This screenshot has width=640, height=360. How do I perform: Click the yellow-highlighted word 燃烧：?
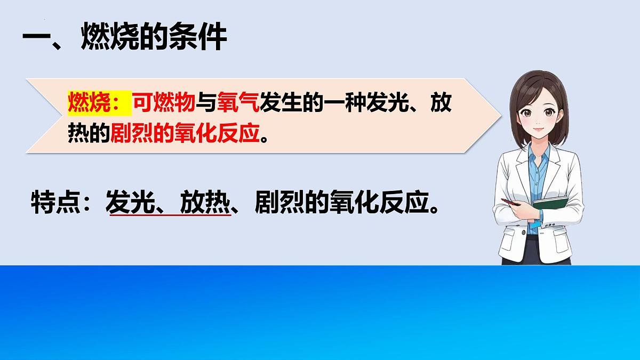[99, 103]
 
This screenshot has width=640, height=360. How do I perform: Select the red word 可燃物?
[163, 103]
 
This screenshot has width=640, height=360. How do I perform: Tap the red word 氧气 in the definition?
[238, 103]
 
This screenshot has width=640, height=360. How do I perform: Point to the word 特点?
[53, 202]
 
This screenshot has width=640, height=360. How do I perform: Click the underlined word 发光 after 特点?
[128, 202]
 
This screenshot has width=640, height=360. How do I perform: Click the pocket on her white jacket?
[515, 237]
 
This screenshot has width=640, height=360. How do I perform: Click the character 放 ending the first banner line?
[441, 103]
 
